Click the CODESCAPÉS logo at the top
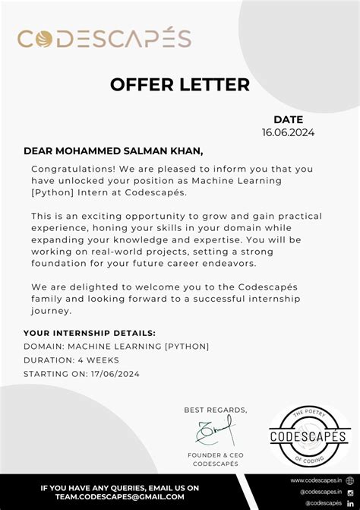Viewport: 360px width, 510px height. (x=104, y=38)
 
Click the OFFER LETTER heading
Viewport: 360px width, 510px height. (x=180, y=84)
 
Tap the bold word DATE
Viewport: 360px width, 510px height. (x=288, y=119)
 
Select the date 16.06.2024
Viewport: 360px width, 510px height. (x=288, y=132)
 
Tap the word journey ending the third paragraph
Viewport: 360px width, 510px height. (x=51, y=310)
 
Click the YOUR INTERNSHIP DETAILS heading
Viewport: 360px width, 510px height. (x=90, y=333)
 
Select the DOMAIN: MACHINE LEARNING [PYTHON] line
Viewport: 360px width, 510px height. (x=116, y=347)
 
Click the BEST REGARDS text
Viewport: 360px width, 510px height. (x=216, y=410)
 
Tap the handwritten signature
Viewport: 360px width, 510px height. (x=216, y=431)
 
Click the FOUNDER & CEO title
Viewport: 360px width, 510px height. (x=216, y=455)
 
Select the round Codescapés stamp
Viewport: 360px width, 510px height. (x=309, y=436)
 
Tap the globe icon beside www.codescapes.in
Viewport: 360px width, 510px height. (x=350, y=480)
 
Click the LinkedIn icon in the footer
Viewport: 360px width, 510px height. (x=350, y=503)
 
